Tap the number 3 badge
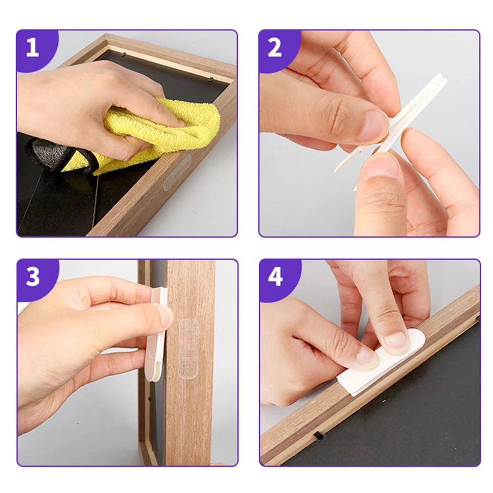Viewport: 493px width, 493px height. point(33,277)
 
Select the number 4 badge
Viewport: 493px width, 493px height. point(275,277)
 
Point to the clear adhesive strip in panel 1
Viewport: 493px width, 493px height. point(177,172)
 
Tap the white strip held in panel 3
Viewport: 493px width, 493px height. point(157,333)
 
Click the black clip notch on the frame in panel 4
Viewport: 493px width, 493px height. point(318,436)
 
